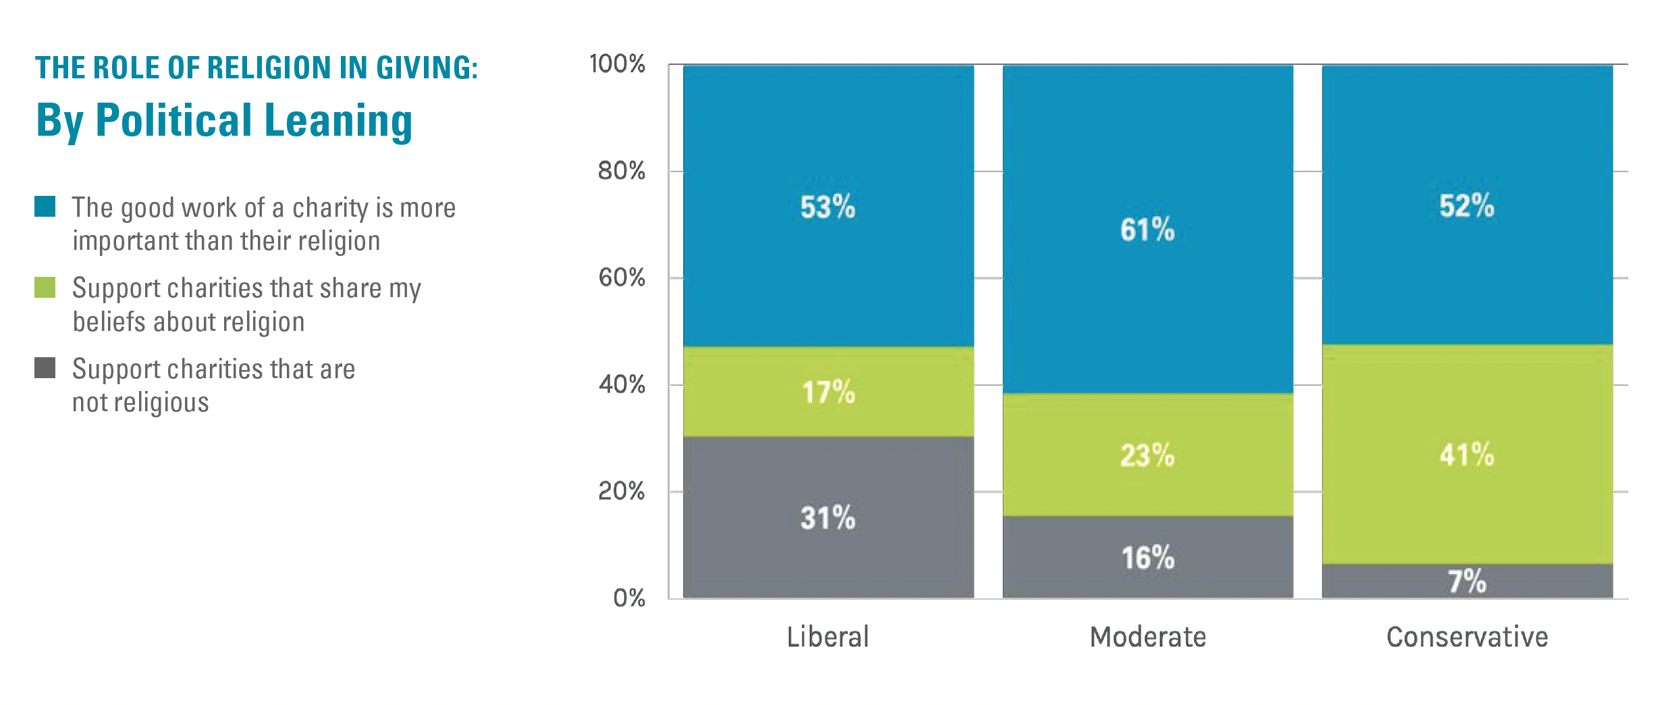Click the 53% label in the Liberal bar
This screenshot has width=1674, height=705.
point(828,207)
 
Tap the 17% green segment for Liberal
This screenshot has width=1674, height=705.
point(828,392)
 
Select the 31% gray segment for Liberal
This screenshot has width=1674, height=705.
point(828,518)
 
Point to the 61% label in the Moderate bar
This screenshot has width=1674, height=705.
point(1147,230)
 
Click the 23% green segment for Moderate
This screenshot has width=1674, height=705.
point(1147,455)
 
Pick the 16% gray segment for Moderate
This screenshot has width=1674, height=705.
point(1147,558)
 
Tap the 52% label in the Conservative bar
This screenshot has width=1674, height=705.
point(1467,206)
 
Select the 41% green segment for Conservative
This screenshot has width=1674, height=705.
point(1467,454)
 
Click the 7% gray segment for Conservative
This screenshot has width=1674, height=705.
point(1467,581)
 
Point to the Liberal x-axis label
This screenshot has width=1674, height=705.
point(828,637)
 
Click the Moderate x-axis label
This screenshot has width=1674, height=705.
point(1147,637)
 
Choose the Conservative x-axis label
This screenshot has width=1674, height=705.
point(1467,637)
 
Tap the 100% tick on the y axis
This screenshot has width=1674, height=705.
point(617,64)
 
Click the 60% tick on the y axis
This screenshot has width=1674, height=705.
point(622,278)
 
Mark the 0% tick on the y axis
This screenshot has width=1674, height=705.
point(629,598)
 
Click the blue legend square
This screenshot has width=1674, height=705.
point(45,207)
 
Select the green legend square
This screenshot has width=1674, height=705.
point(45,288)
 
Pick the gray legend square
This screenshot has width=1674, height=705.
point(45,368)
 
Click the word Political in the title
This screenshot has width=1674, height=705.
point(173,120)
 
